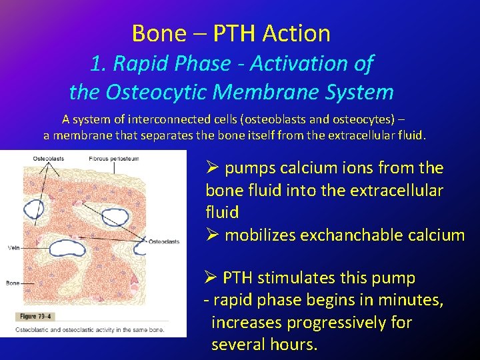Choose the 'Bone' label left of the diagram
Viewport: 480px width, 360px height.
(12, 283)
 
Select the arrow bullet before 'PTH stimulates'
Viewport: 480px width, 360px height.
(211, 277)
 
